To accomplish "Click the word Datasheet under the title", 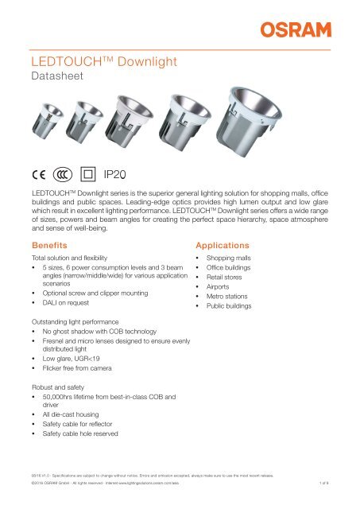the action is (44, 77).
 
